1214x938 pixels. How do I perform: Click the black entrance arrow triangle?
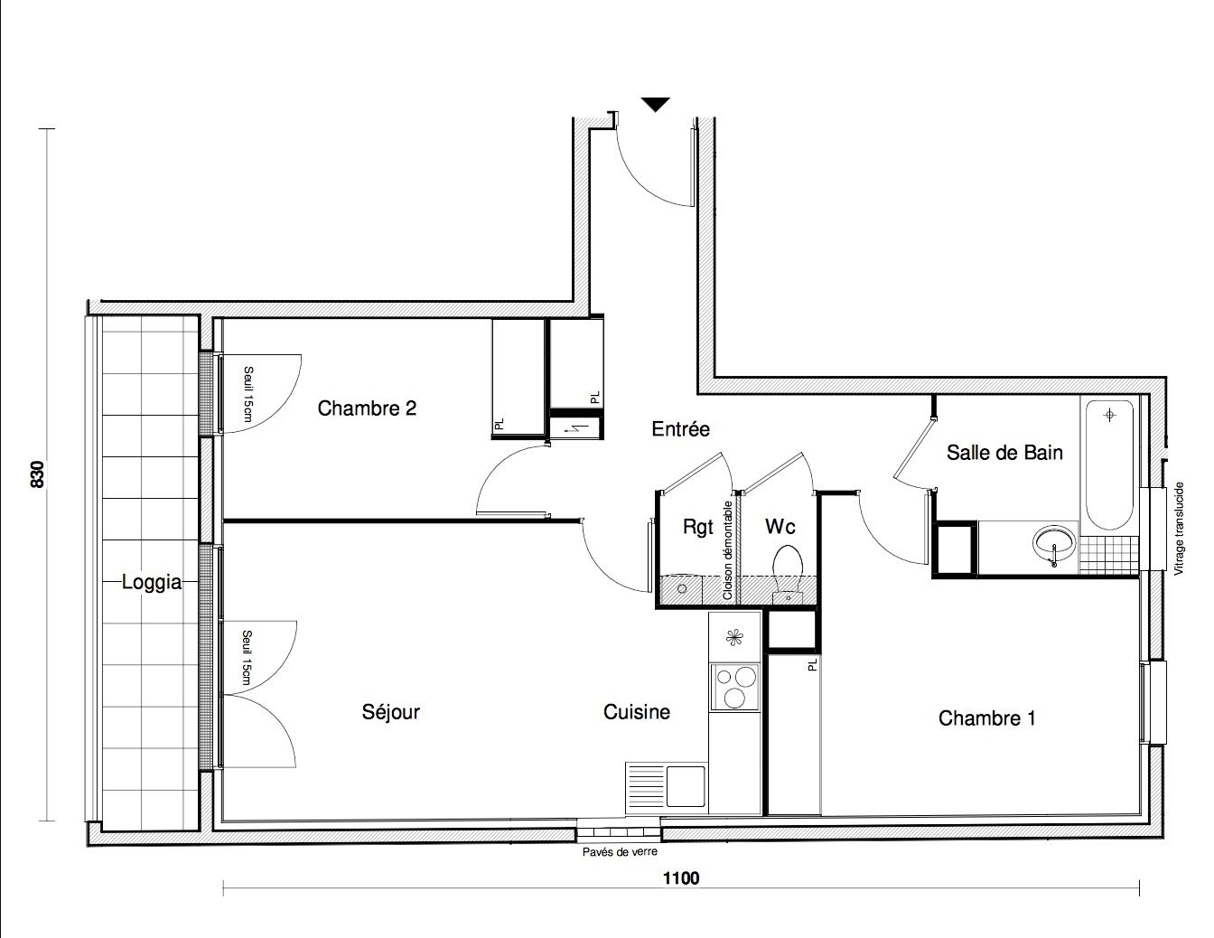(x=655, y=104)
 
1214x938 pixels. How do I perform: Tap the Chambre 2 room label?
(x=367, y=408)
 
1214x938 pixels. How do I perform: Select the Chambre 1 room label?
(x=986, y=718)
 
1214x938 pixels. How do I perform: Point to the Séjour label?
(x=390, y=712)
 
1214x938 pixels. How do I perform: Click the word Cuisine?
(x=636, y=712)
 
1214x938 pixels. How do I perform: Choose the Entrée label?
(x=680, y=429)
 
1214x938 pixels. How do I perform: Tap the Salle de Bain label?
(x=1004, y=453)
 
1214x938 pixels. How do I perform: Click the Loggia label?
(x=152, y=583)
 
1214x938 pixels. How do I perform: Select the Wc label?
(x=780, y=526)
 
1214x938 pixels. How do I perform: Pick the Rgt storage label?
(x=698, y=527)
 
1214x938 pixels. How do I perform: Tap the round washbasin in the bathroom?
(x=1053, y=544)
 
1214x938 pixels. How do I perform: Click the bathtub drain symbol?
(x=1109, y=415)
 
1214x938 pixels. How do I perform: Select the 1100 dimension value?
(x=681, y=878)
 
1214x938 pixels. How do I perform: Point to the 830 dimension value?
(x=37, y=474)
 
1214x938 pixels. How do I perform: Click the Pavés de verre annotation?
(x=620, y=852)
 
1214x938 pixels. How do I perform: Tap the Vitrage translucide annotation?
(x=1179, y=529)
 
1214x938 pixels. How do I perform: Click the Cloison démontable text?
(x=727, y=550)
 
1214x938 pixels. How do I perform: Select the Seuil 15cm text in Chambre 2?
(x=248, y=394)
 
